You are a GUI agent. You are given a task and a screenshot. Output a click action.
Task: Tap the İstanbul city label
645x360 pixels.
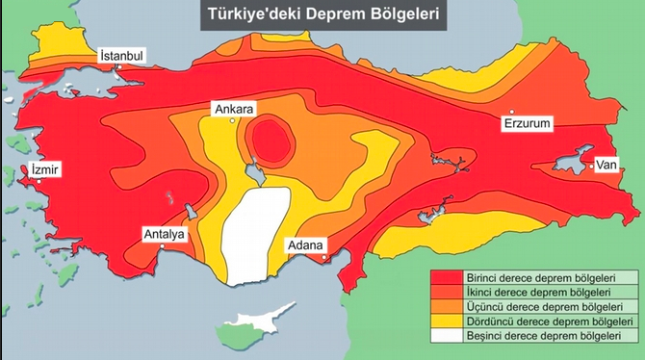click(122, 57)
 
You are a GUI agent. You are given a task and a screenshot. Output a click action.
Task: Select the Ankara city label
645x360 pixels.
click(235, 110)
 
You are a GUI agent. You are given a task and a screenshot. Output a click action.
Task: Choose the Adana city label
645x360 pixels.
click(305, 244)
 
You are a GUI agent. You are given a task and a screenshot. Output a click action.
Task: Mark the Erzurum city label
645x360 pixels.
click(529, 123)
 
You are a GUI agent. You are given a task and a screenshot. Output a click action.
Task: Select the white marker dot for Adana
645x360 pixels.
click(325, 256)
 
